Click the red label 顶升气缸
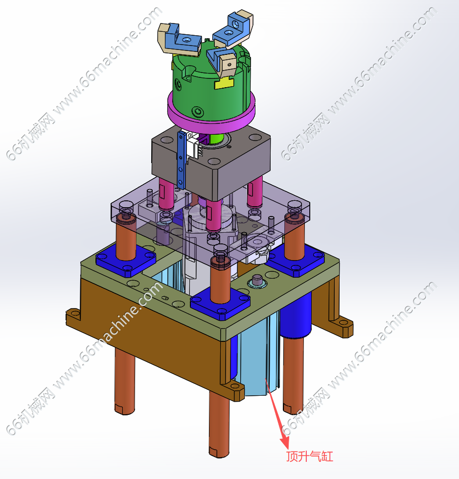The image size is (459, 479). coord(309,456)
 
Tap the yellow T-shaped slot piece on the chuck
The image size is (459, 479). coord(224,83)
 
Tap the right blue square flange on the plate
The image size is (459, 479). coord(296,260)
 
